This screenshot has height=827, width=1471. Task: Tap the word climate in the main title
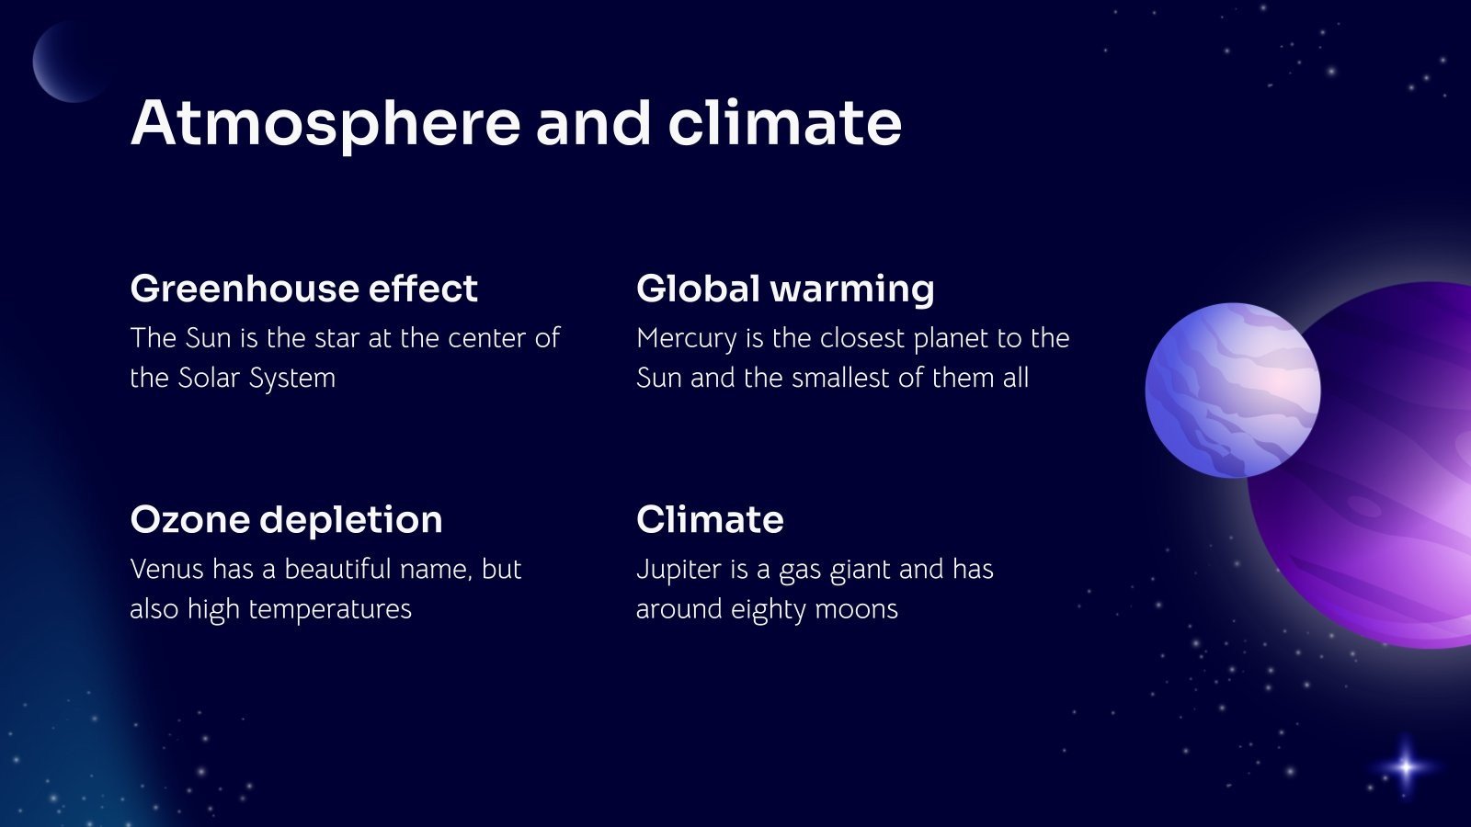pyautogui.click(x=784, y=124)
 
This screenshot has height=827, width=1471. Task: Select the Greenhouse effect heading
pyautogui.click(x=303, y=289)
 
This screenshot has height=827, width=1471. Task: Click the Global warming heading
pyautogui.click(x=785, y=289)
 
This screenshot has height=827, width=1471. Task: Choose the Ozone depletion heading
pyautogui.click(x=286, y=519)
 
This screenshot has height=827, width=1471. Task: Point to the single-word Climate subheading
pyautogui.click(x=710, y=519)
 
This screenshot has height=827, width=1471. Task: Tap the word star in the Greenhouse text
pyautogui.click(x=337, y=338)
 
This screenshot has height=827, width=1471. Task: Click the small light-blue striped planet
pyautogui.click(x=1232, y=390)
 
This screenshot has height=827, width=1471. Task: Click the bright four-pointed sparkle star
pyautogui.click(x=1406, y=765)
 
